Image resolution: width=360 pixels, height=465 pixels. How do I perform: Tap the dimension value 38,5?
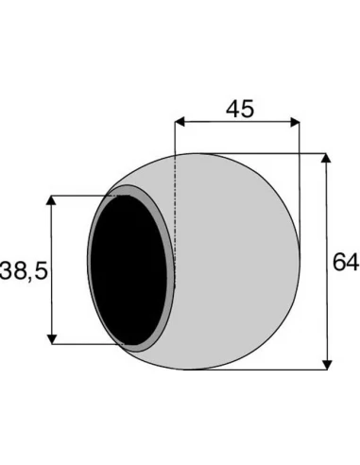click(25, 270)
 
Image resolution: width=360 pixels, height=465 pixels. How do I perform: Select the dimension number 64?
click(346, 261)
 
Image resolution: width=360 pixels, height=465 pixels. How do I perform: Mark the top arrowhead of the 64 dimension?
click(327, 158)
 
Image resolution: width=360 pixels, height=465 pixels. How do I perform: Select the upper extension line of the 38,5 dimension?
click(80, 196)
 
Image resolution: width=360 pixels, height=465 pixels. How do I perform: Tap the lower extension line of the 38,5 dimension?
click(80, 343)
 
